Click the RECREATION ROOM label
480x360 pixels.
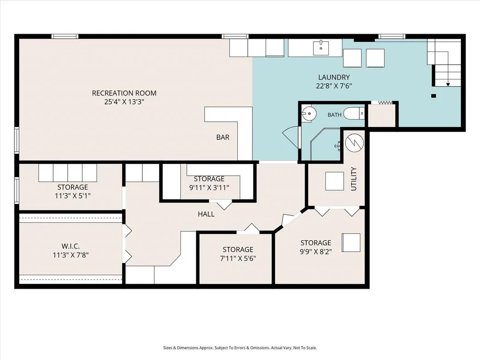pos(124,93)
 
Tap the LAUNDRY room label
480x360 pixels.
pos(334,77)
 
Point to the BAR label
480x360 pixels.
pos(222,137)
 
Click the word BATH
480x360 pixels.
pos(334,115)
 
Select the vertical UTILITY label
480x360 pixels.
pos(354,179)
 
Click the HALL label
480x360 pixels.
pos(206,214)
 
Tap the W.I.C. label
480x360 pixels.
pos(70,246)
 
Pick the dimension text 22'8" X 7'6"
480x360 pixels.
pos(334,86)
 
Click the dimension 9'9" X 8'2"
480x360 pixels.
pos(316,252)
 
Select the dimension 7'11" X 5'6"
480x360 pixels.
pos(238,258)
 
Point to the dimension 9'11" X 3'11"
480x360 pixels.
pos(209,187)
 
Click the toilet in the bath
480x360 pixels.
pos(354,114)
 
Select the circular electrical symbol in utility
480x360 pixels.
pos(354,143)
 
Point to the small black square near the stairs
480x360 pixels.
pos(434,96)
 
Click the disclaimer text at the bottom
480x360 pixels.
pos(240,348)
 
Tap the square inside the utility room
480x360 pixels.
pos(334,181)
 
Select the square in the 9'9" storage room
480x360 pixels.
pos(351,242)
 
